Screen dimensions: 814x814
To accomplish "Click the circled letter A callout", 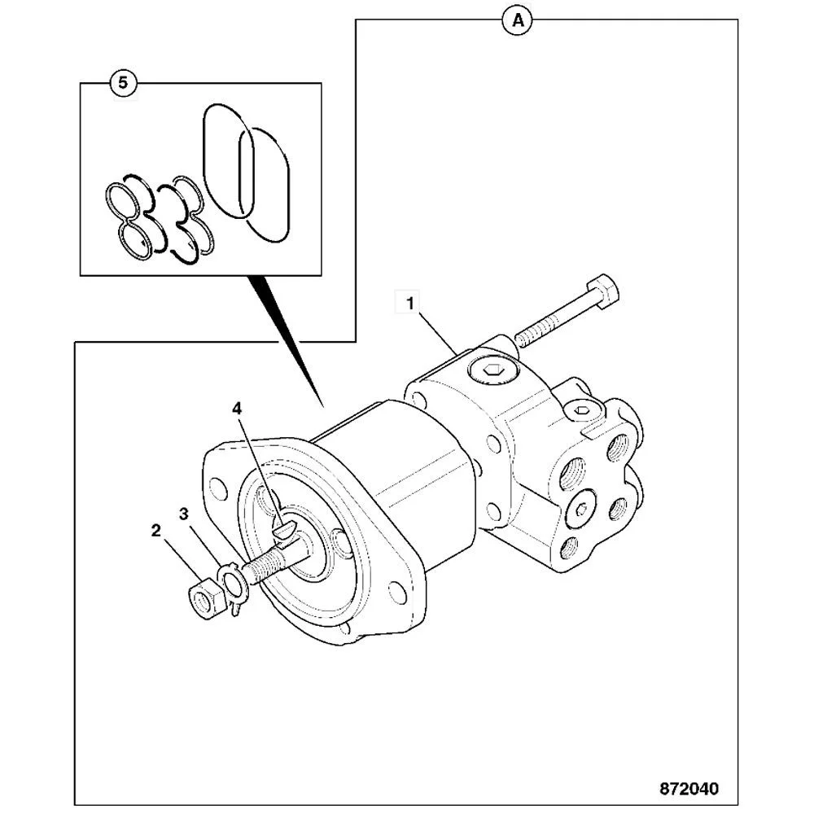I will click(516, 21).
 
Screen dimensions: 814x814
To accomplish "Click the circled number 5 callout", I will click(123, 82).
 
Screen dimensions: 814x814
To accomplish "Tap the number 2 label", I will click(155, 532).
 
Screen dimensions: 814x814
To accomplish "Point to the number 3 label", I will click(184, 514).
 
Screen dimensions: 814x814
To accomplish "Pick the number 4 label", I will click(237, 409).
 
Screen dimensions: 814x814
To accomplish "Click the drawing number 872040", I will click(689, 789).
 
